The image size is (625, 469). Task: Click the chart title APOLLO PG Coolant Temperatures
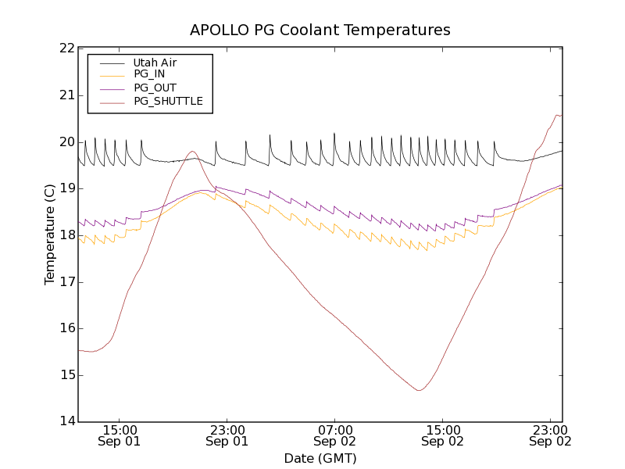[320, 30]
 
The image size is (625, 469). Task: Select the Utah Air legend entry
[154, 62]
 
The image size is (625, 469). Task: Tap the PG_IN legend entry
[149, 74]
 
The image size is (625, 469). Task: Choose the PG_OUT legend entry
[155, 88]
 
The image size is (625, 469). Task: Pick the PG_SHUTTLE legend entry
[168, 101]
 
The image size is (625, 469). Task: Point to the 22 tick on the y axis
[65, 48]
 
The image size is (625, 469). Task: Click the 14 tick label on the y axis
[65, 422]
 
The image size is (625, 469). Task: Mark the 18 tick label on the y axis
[65, 235]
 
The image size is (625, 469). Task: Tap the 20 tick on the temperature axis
[65, 142]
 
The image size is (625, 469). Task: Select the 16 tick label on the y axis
[65, 328]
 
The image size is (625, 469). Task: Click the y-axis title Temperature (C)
[50, 234]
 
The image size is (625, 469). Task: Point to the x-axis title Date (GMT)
[320, 458]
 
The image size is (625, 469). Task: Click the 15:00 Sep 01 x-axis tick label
[120, 435]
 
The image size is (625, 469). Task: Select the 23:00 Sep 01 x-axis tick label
[227, 435]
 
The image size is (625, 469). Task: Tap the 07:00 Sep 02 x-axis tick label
[335, 435]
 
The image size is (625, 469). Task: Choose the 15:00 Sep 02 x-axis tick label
[443, 435]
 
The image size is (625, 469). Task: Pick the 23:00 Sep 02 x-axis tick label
[550, 435]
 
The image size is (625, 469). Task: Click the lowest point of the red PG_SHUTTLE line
[420, 390]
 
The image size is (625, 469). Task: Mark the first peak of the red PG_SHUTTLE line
[192, 151]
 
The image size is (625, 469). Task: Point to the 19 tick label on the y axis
[65, 188]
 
